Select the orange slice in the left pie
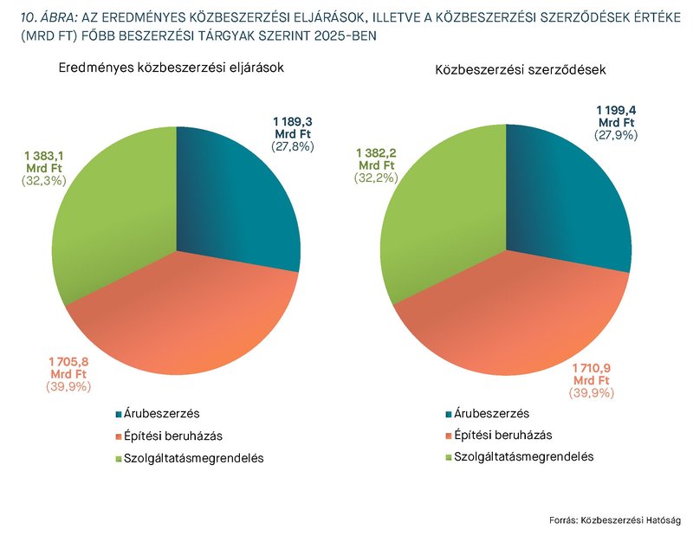[182, 320]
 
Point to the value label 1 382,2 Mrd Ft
[376, 158]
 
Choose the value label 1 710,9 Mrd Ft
[593, 374]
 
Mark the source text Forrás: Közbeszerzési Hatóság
[615, 520]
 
